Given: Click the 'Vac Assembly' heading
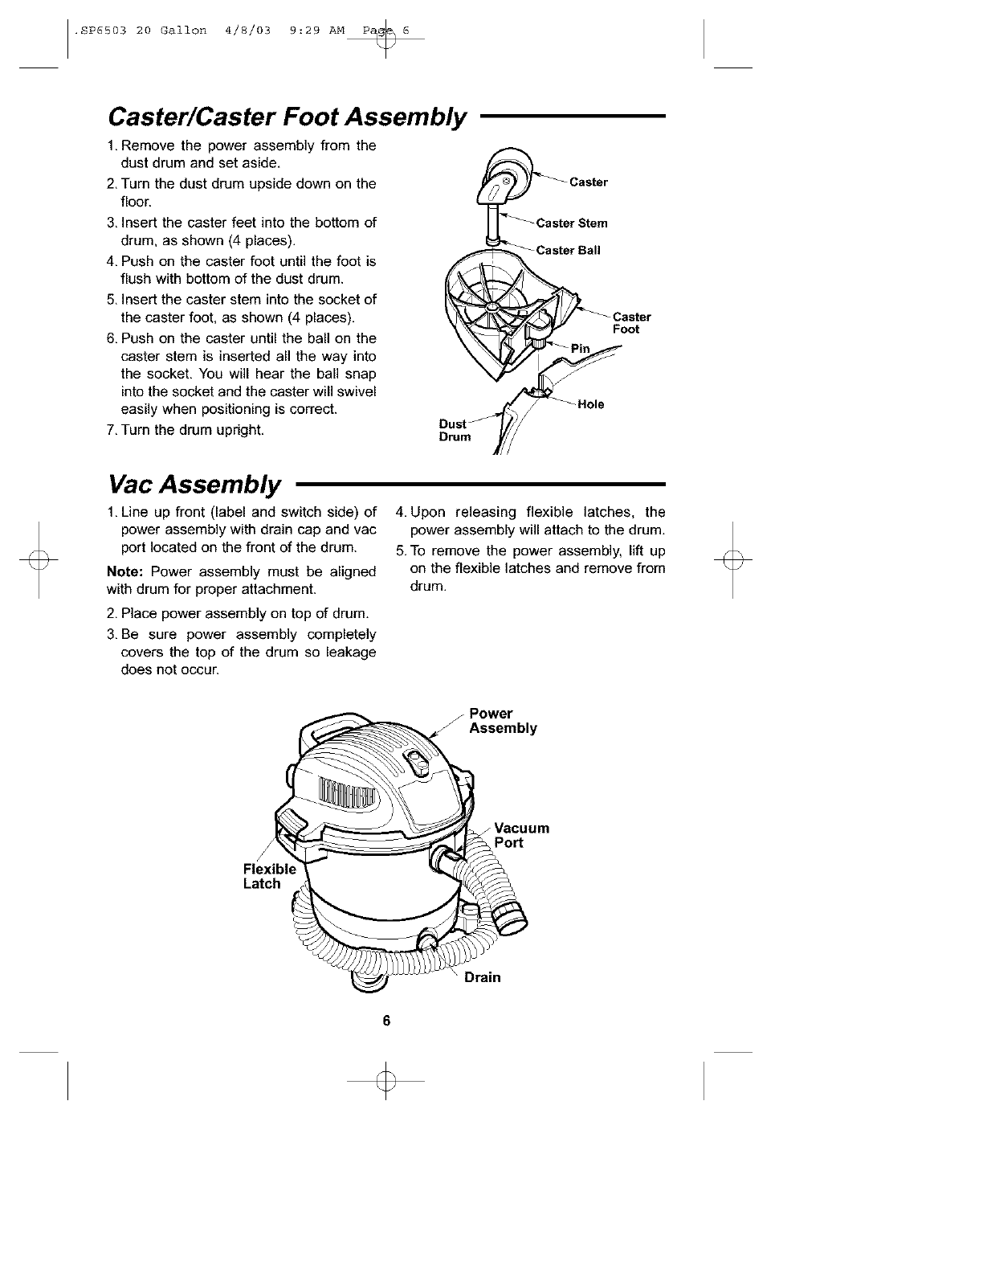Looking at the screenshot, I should pos(194,485).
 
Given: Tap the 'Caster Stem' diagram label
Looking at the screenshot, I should pos(572,223).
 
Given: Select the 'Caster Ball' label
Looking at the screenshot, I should pos(569,250).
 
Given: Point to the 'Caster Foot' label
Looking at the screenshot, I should pos(631,323).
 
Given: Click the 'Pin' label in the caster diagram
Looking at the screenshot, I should pos(580,348).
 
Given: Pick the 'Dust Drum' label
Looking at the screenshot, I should pos(454,430).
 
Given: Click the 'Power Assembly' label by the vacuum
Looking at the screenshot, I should pos(503,721).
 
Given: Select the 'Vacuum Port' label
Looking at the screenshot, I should pos(521,835).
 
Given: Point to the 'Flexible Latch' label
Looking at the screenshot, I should pos(269,877).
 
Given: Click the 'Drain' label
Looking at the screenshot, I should pos(482,977).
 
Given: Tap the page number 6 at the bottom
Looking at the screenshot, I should pos(386,1021).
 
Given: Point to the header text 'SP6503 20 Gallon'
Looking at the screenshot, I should pos(141,31).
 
